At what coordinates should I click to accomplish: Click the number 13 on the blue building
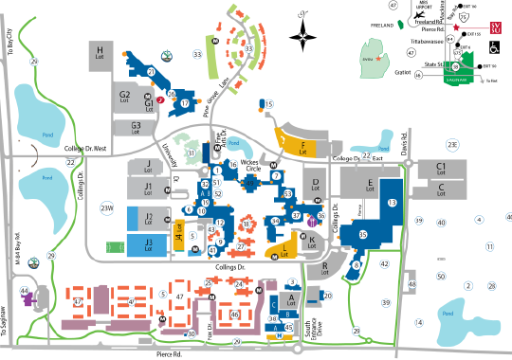392,202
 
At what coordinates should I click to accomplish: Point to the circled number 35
362,233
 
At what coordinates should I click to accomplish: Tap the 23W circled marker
106,207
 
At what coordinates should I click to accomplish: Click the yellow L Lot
286,250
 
